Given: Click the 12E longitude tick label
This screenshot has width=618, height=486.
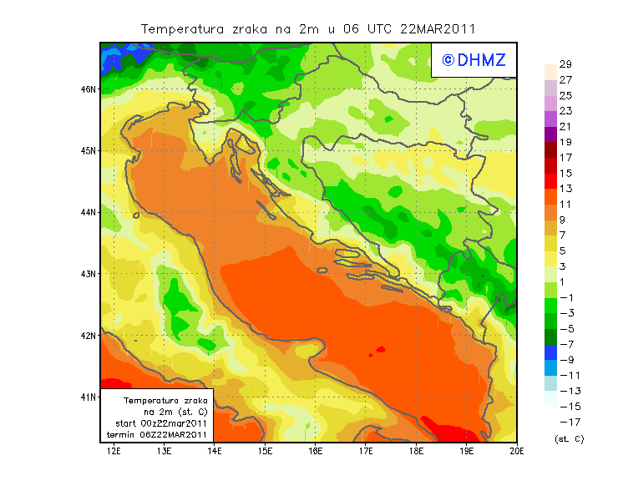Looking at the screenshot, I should click(114, 452).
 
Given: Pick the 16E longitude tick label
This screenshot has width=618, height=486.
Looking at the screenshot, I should click(316, 452).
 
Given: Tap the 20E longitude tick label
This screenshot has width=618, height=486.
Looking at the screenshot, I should click(517, 452).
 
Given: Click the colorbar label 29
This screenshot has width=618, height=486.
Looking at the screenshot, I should click(565, 64).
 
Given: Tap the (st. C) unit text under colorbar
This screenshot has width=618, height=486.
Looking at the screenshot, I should click(569, 438).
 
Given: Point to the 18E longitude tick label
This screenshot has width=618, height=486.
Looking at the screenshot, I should click(416, 452).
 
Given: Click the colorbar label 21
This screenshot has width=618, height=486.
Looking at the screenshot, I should click(565, 126).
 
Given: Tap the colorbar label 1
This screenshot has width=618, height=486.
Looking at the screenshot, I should click(565, 281).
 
